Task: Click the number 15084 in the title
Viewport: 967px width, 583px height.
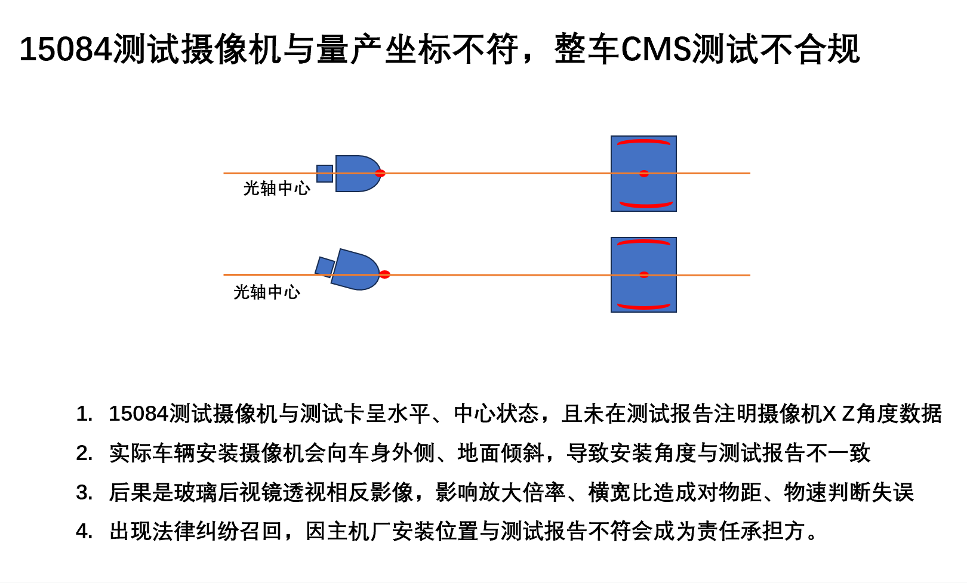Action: point(66,49)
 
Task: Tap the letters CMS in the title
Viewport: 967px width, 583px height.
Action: point(656,49)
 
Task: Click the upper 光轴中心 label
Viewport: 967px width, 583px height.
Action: point(276,189)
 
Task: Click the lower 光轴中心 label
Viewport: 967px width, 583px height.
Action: point(267,292)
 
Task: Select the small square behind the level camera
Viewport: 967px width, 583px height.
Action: point(325,174)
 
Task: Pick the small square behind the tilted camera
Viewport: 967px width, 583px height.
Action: point(325,267)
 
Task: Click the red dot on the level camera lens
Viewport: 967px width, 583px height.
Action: point(380,174)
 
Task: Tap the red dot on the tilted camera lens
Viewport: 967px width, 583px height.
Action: point(384,274)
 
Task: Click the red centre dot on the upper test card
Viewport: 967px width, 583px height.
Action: point(643,174)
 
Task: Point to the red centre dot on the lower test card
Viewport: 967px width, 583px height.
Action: point(643,275)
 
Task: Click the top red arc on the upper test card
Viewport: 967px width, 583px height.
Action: point(643,142)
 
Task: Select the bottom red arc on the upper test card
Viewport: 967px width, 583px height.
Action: point(646,205)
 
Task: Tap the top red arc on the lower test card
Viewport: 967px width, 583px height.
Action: point(643,242)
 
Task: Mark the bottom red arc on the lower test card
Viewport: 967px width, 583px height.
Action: point(643,307)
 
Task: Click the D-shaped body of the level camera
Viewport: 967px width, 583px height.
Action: point(355,174)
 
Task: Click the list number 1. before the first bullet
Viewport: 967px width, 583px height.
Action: point(84,414)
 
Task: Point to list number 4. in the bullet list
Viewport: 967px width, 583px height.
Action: point(84,530)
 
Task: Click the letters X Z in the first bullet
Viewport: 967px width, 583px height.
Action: point(839,414)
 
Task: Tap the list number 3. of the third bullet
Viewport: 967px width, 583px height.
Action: point(84,492)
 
